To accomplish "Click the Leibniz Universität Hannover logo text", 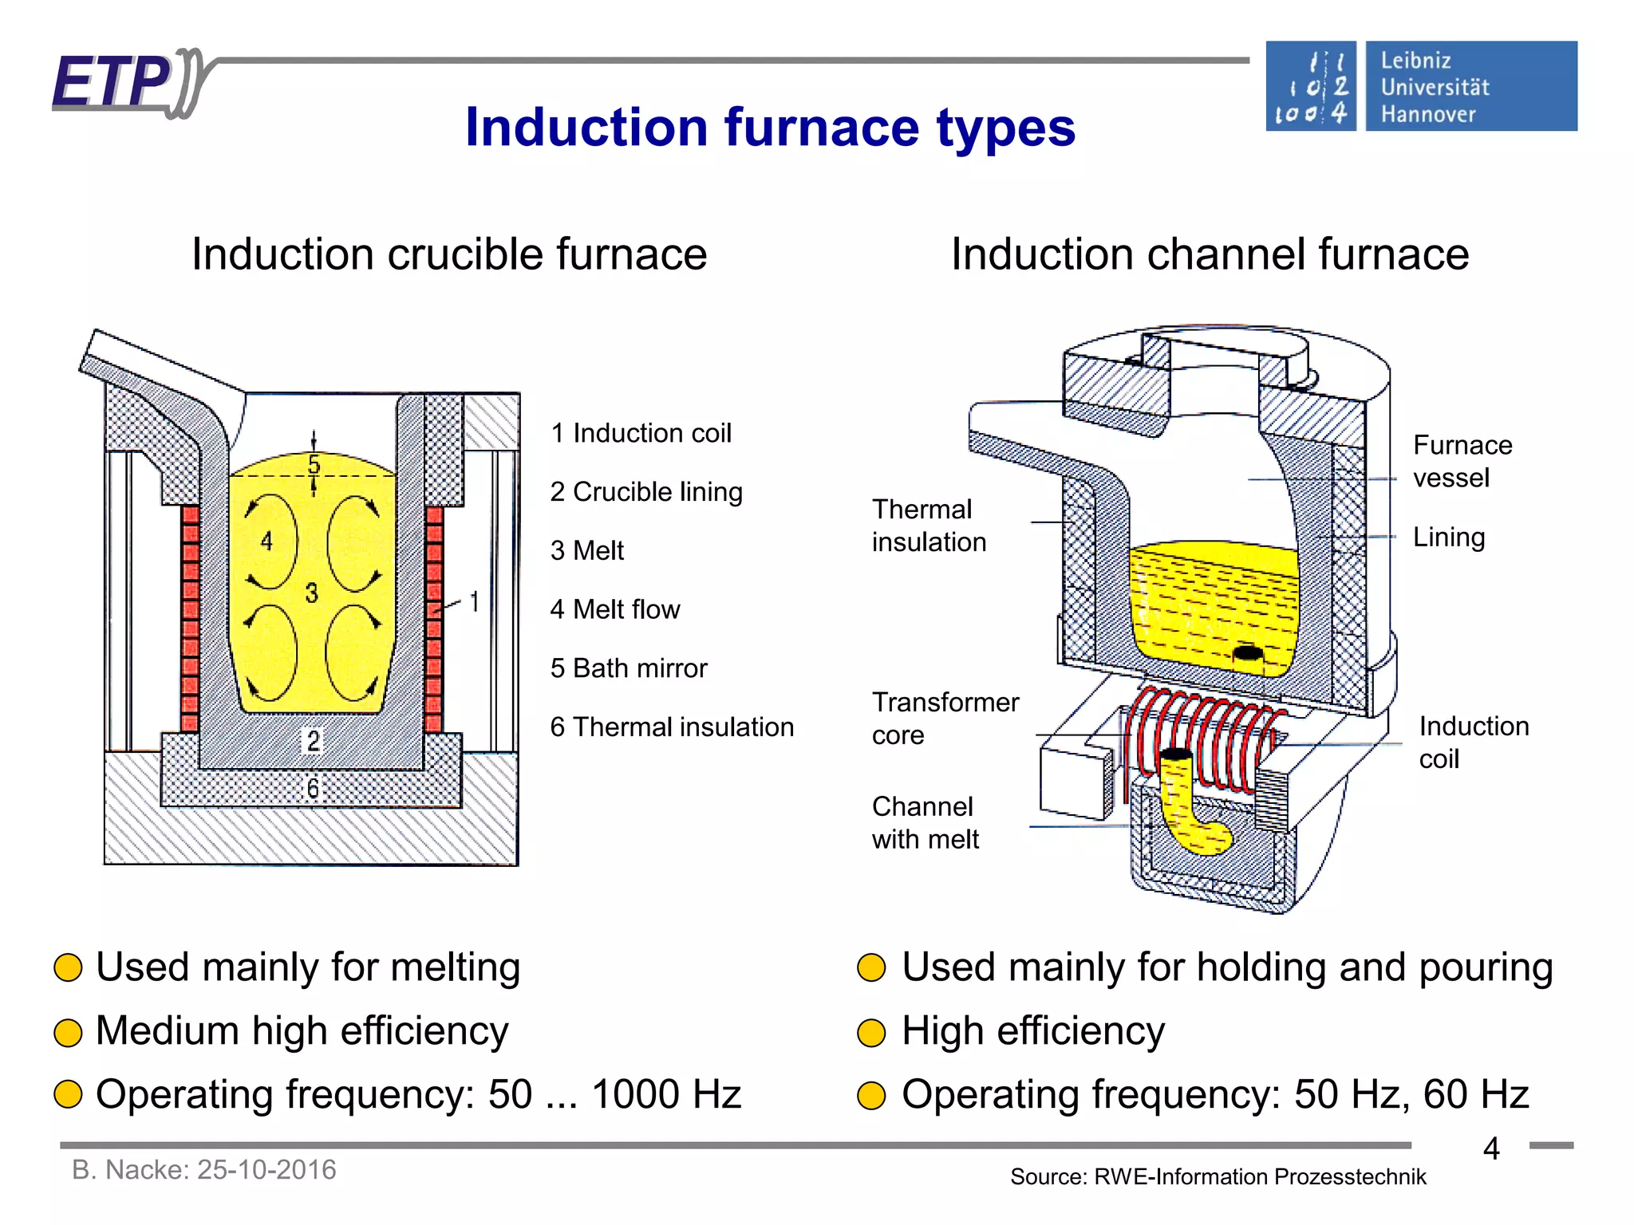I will pos(1435,87).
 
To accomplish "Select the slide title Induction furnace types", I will pos(770,128).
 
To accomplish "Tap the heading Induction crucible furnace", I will pos(449,254).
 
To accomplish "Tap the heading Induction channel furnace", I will pos(1210,254).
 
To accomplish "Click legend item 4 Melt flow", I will pos(614,609).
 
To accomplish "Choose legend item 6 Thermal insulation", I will pos(672,727).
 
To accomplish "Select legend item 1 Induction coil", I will pos(641,433).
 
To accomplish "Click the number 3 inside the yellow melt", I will pos(312,593).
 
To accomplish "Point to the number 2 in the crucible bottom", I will pos(314,741).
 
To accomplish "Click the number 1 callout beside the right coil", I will pos(475,602).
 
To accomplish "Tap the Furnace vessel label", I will pos(1462,461).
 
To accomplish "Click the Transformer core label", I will pos(945,718).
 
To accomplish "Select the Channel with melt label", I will pos(925,822).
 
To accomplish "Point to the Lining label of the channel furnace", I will pos(1448,537).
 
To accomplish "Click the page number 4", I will pos(1490,1148).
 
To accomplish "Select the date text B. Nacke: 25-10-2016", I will pos(204,1170).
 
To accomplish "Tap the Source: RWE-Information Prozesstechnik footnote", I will pos(1218,1176).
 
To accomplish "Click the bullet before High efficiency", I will pos(871,1032).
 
